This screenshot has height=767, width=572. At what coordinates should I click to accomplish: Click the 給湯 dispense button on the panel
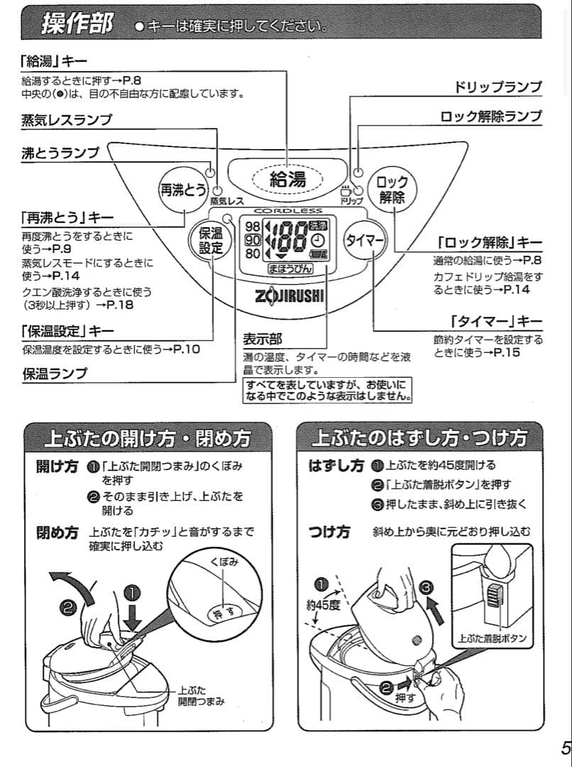pyautogui.click(x=287, y=180)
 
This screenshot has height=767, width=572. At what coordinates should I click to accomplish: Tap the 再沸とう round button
pyautogui.click(x=182, y=190)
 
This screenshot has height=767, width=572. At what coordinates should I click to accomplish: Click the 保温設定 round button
pyautogui.click(x=210, y=241)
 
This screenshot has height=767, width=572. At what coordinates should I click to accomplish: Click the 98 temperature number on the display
pyautogui.click(x=252, y=227)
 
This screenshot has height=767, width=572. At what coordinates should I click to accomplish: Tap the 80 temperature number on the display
pyautogui.click(x=252, y=253)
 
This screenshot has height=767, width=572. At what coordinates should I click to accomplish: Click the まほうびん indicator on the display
pyautogui.click(x=287, y=270)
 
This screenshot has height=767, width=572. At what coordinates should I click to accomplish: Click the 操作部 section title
pyautogui.click(x=76, y=25)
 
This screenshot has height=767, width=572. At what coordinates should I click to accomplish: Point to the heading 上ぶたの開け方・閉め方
pyautogui.click(x=147, y=437)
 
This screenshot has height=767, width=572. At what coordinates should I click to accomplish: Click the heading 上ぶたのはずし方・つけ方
pyautogui.click(x=419, y=437)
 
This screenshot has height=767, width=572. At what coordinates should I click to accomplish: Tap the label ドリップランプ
pyautogui.click(x=497, y=87)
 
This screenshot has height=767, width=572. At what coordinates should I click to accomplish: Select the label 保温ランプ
pyautogui.click(x=55, y=373)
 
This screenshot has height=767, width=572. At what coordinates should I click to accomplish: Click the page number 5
pyautogui.click(x=565, y=748)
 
